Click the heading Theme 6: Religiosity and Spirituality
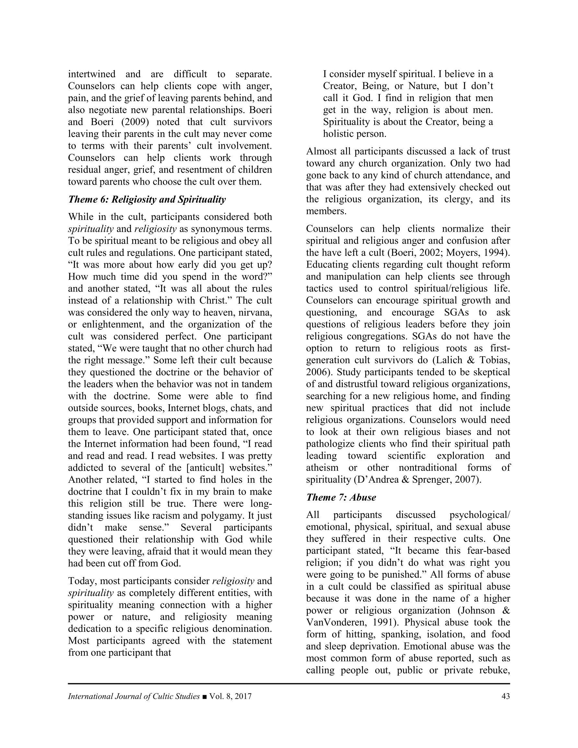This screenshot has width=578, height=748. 147,199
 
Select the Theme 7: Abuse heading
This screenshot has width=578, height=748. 341,497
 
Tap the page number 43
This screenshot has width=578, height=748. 505,696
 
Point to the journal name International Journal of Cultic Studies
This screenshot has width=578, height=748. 133,696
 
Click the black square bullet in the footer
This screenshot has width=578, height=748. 204,696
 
